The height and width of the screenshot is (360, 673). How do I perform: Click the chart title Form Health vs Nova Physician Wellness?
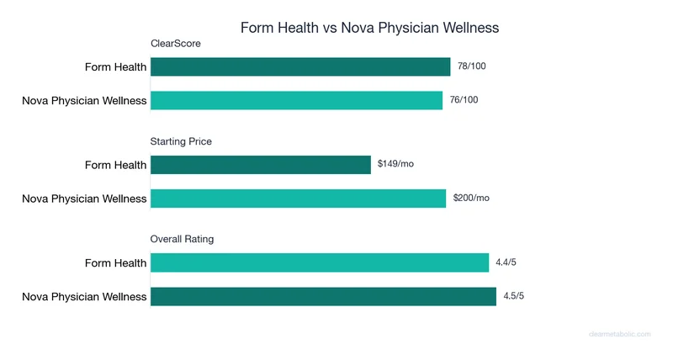tap(369, 28)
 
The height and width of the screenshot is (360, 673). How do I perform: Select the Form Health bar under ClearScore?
tap(300, 67)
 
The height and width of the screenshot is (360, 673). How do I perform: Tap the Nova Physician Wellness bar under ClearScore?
tap(296, 100)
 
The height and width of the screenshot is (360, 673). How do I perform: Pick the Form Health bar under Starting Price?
tap(261, 165)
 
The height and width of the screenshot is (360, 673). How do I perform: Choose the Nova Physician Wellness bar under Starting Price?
tap(298, 199)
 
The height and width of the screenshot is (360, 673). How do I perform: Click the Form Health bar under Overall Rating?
tap(320, 263)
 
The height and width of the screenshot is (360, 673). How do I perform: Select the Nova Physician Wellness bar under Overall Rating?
tap(323, 296)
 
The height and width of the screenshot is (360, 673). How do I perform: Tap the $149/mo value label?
tap(395, 164)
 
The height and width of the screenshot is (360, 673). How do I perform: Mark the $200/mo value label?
tap(471, 198)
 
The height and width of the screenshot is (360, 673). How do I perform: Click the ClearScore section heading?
tap(175, 44)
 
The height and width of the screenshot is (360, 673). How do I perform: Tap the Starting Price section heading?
tap(181, 141)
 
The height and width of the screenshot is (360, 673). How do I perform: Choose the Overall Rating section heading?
tap(182, 239)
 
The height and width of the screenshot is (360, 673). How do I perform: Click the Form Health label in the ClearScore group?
tap(116, 67)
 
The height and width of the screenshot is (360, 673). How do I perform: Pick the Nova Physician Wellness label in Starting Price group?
tap(84, 199)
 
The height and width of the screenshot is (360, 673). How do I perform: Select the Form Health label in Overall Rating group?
tap(116, 263)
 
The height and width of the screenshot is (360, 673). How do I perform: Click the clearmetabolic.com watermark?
tap(619, 334)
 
